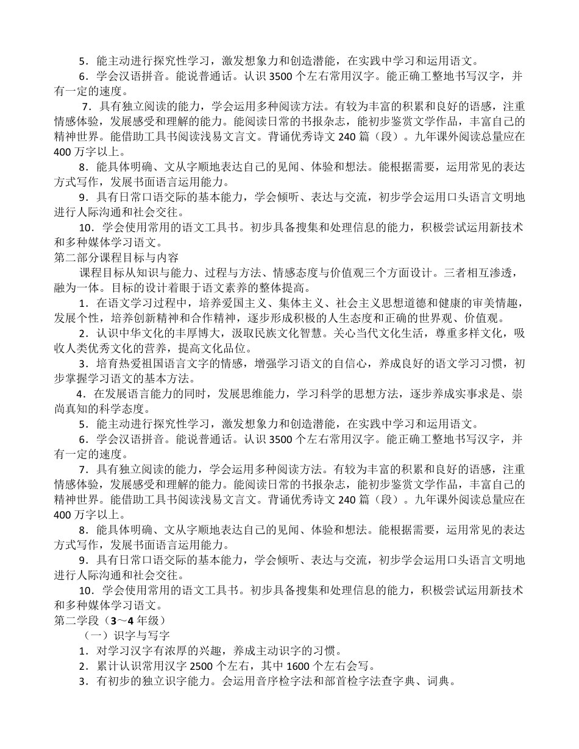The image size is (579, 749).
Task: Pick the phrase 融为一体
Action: [x=76, y=287]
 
